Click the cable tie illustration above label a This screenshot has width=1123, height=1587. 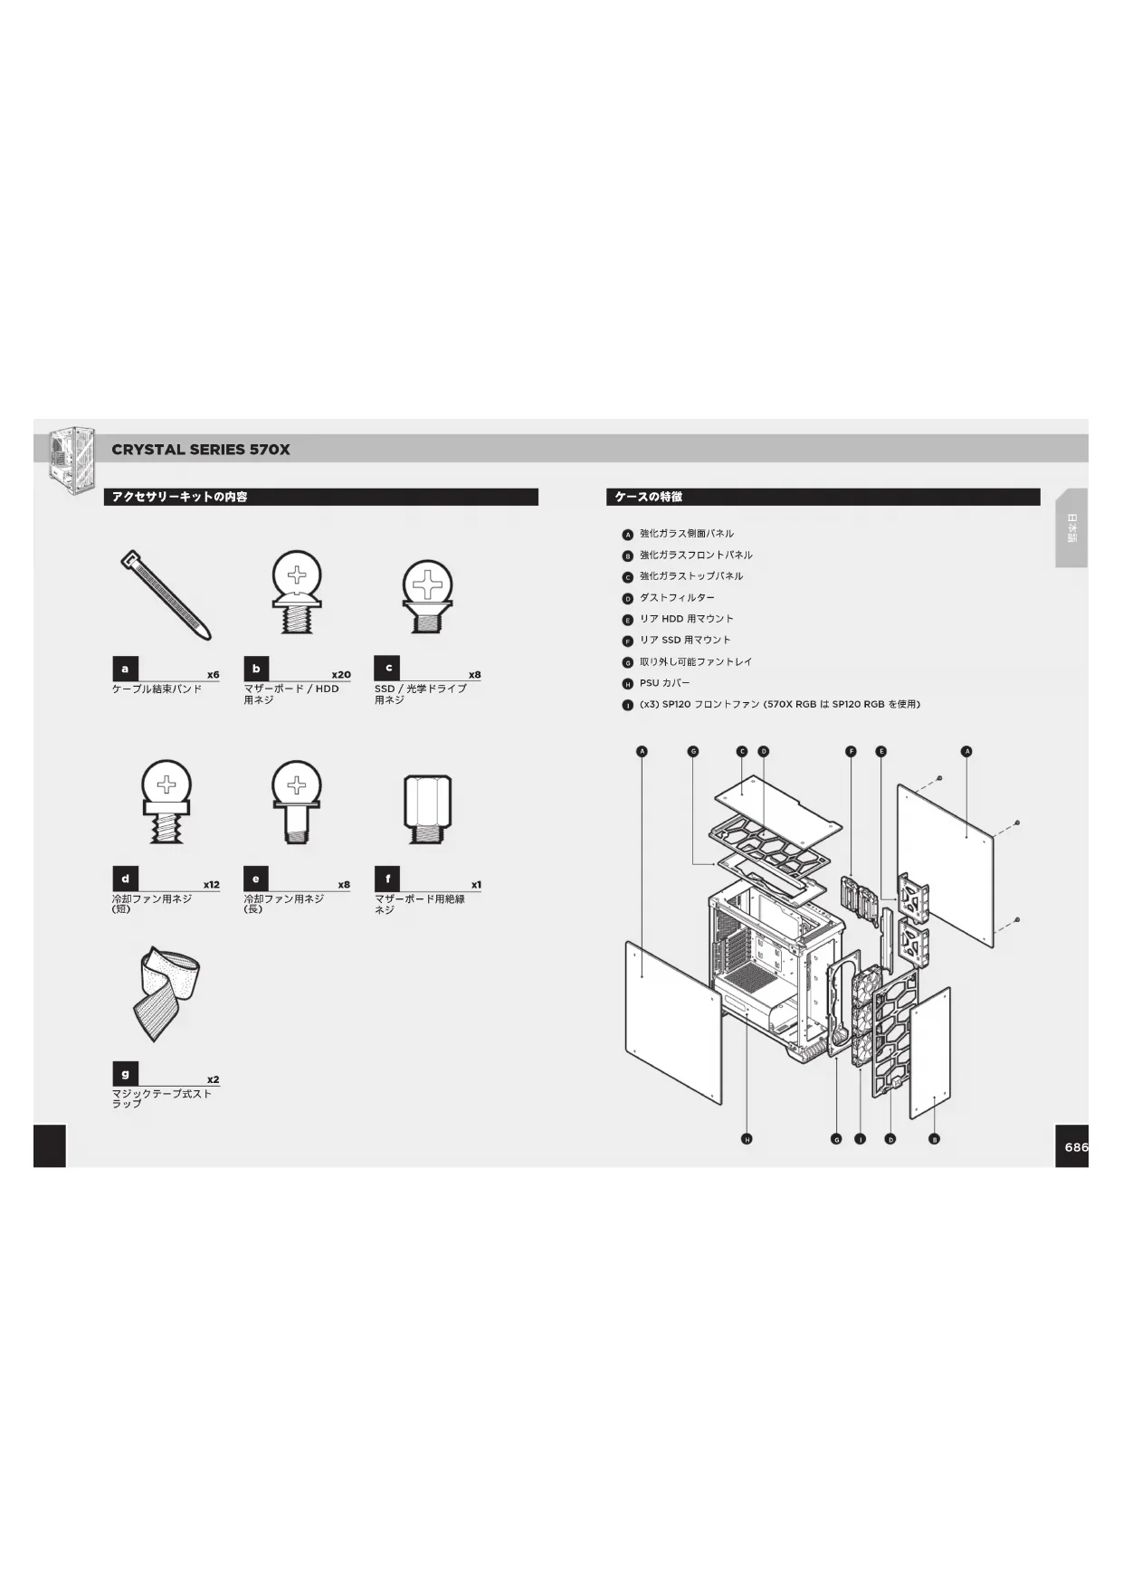[167, 594]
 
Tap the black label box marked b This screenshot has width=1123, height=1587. [256, 669]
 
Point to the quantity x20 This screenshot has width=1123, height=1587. [340, 675]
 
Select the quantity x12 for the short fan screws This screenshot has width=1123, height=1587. [211, 885]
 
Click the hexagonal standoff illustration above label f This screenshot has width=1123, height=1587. [426, 808]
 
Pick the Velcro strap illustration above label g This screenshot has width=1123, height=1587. [168, 994]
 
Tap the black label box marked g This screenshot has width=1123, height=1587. [125, 1074]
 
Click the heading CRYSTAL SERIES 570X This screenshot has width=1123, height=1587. [201, 450]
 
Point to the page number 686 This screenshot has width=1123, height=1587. [1075, 1146]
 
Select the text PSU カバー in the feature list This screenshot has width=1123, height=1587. [664, 683]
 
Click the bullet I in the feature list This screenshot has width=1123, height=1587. [627, 705]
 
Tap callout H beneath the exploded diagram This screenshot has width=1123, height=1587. [747, 1139]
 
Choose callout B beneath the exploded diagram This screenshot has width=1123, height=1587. [934, 1139]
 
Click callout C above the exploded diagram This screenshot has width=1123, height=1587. [741, 751]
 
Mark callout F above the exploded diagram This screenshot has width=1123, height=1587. [851, 751]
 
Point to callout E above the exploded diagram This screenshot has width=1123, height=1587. [881, 751]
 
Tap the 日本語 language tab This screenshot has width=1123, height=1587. [1071, 528]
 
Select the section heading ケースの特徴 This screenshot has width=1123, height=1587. [649, 497]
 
